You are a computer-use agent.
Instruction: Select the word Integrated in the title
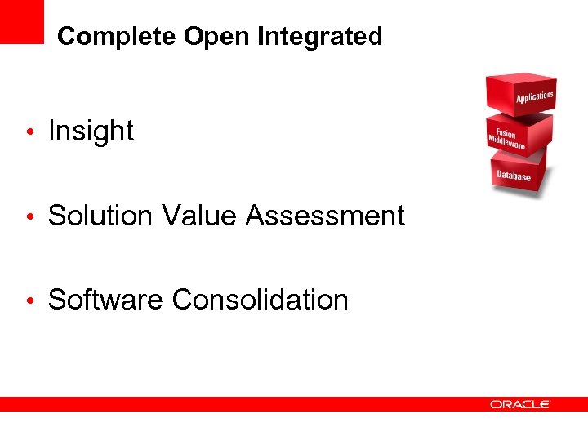pos(319,37)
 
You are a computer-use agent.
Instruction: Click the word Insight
pos(91,131)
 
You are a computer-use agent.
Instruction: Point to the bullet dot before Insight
pos(29,132)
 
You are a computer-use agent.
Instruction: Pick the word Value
pos(200,216)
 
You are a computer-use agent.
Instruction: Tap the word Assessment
pos(325,216)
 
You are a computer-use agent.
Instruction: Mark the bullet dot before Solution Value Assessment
pos(29,217)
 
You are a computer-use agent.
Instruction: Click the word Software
pos(105,300)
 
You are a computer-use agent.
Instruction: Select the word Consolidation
pos(260,300)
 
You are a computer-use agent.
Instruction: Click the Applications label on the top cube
pos(535,97)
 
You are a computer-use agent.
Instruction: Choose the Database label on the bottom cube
pos(514,176)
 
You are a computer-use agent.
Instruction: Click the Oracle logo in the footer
pos(520,403)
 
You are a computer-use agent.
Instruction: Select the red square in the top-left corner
pos(21,21)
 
